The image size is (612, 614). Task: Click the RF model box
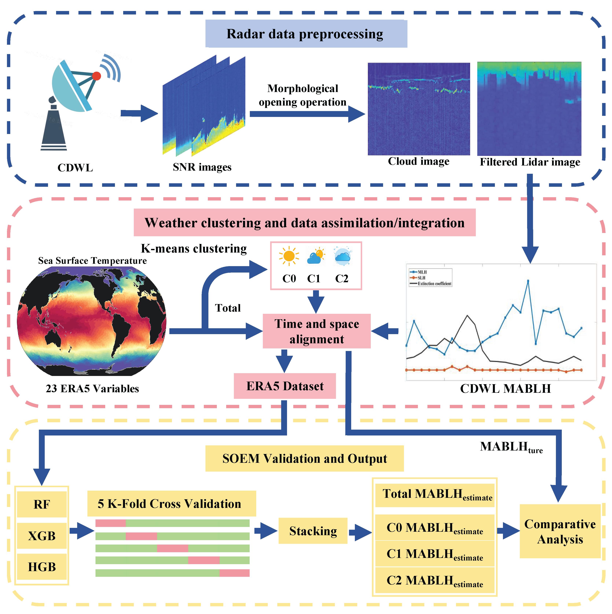[42, 504]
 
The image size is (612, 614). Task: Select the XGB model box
[42, 536]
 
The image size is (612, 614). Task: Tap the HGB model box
[42, 567]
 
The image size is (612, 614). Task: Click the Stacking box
[313, 531]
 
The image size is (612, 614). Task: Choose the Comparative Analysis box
[560, 531]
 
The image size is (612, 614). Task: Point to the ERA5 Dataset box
[285, 386]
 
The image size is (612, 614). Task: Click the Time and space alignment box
[317, 331]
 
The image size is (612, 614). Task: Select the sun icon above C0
[289, 256]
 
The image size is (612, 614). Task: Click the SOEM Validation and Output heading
[304, 459]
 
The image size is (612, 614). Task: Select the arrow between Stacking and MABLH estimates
[360, 532]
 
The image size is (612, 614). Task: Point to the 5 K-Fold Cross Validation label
[171, 504]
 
